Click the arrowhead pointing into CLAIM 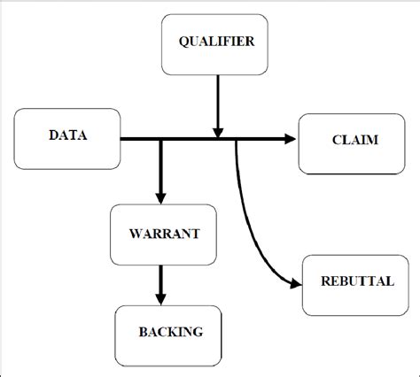click(290, 139)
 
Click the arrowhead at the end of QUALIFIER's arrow click(216, 131)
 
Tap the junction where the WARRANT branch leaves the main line click(160, 139)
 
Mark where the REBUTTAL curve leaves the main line click(236, 140)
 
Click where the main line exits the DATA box click(121, 139)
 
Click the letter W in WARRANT click(134, 235)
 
